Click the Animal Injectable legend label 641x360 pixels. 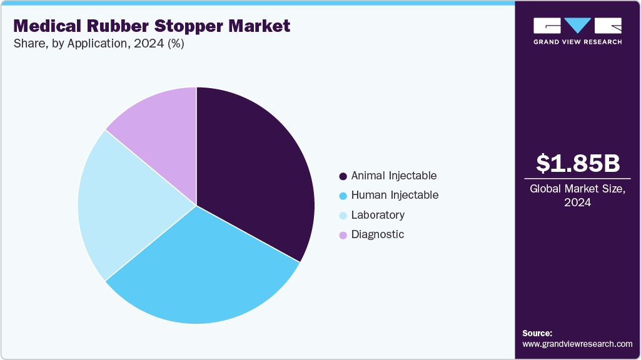[393, 176]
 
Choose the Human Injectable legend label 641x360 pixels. [395, 195]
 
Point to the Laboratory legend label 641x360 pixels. [378, 215]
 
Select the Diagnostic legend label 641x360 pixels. [377, 234]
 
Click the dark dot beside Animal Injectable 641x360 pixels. [343, 176]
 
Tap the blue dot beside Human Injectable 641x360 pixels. [343, 196]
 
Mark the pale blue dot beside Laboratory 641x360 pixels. [343, 216]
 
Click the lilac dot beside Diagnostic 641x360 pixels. [343, 235]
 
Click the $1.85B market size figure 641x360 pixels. [578, 163]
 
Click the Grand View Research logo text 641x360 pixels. [577, 42]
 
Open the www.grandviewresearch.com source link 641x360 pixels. [577, 344]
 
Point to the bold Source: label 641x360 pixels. [537, 333]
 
